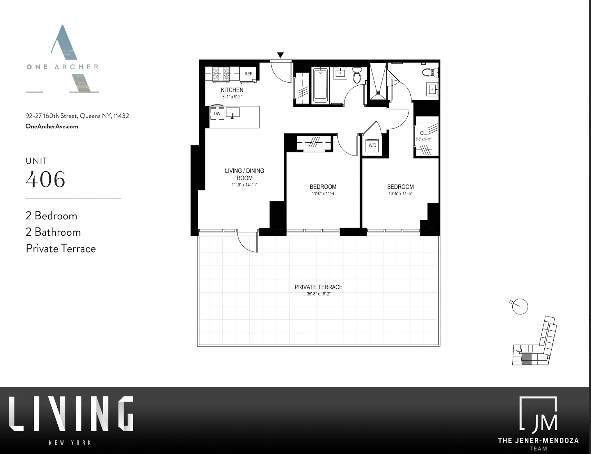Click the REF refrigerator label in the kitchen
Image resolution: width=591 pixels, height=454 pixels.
tap(248, 74)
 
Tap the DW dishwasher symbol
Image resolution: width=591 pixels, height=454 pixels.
tap(217, 114)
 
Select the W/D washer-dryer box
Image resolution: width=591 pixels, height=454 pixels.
tap(372, 145)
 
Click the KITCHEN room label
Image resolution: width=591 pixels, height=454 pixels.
tap(232, 90)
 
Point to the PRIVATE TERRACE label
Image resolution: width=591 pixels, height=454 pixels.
tap(318, 287)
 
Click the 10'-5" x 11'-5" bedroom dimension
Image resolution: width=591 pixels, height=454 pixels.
tap(400, 194)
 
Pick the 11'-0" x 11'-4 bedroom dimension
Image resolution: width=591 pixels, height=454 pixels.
tap(323, 194)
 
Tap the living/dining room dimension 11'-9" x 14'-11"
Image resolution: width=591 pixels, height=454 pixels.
tap(244, 185)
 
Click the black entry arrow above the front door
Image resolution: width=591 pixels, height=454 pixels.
tap(280, 55)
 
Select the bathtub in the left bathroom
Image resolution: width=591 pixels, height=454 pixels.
tap(320, 85)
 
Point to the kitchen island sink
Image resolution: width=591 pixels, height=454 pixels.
tap(233, 113)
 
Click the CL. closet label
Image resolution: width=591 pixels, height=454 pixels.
tap(423, 133)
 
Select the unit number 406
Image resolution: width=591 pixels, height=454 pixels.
tap(46, 179)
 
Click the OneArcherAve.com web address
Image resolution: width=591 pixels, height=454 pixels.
tap(52, 126)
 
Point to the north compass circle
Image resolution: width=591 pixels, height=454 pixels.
tap(520, 306)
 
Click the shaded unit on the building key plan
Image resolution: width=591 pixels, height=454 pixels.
tap(526, 359)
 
